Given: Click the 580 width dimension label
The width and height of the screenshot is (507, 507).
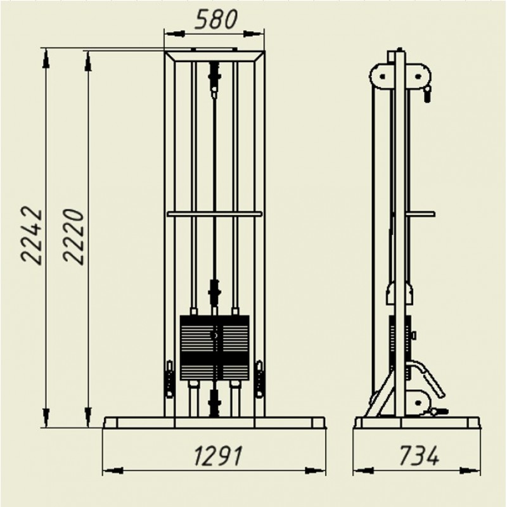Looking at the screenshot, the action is click(x=216, y=20).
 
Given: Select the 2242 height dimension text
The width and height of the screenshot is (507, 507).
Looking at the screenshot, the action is click(x=32, y=236).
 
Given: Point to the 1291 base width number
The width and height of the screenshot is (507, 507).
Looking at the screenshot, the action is click(x=218, y=455).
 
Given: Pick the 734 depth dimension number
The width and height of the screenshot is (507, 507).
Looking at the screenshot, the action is click(x=419, y=455).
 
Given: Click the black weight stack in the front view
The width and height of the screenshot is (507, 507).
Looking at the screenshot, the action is click(x=215, y=347).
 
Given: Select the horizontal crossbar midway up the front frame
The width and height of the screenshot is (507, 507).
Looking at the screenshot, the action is click(x=214, y=214).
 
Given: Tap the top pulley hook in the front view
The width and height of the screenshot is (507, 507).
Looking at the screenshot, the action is click(x=214, y=80).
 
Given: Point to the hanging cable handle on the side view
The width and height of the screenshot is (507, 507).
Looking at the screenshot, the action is click(x=427, y=94).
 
